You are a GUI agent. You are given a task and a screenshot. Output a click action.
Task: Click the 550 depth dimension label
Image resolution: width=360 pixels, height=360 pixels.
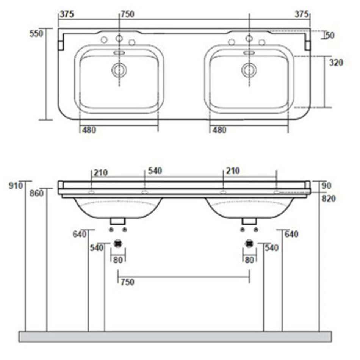coord(36,34)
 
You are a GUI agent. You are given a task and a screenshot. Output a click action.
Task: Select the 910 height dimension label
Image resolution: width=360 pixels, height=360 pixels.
coord(16,186)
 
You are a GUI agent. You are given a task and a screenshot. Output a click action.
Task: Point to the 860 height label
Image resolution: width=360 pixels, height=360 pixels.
coord(36,193)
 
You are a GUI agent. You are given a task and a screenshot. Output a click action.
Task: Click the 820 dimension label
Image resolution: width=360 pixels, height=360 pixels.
coord(329,199)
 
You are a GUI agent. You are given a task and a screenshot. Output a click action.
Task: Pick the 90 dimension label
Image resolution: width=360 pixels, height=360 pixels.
coord(327,186)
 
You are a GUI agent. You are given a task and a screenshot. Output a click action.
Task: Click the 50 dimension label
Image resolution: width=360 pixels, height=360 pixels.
coord(330,35)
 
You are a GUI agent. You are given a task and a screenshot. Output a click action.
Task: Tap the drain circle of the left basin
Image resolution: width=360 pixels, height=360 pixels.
coord(119,70)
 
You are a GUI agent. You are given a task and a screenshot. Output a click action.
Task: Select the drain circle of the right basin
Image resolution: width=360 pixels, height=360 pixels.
coord(249,70)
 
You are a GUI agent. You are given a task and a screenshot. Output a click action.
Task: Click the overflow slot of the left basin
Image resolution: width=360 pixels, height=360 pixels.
coord(119,53)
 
